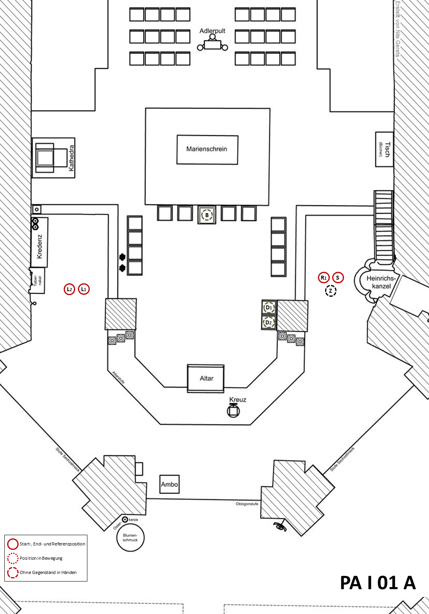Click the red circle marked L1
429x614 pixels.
pyautogui.click(x=84, y=289)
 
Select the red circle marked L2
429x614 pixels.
pyautogui.click(x=70, y=289)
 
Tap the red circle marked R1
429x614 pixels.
pyautogui.click(x=324, y=278)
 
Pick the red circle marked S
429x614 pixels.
pyautogui.click(x=338, y=278)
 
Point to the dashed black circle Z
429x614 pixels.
pyautogui.click(x=331, y=291)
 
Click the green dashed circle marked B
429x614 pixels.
pyautogui.click(x=207, y=215)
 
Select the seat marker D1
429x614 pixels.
pyautogui.click(x=269, y=307)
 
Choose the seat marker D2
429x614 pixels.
pyautogui.click(x=269, y=322)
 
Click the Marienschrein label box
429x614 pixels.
pyautogui.click(x=207, y=149)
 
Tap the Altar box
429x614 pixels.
pyautogui.click(x=206, y=378)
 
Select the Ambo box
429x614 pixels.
pyautogui.click(x=169, y=484)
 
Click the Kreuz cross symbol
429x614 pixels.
pyautogui.click(x=233, y=411)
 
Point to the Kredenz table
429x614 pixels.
pyautogui.click(x=40, y=242)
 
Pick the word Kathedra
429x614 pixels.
pyautogui.click(x=72, y=158)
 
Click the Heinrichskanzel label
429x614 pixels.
pyautogui.click(x=381, y=282)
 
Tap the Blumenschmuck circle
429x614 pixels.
pyautogui.click(x=130, y=538)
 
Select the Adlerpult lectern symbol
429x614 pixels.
pyautogui.click(x=213, y=44)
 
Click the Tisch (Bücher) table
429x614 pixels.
pyautogui.click(x=384, y=149)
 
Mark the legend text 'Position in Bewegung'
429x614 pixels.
pyautogui.click(x=41, y=558)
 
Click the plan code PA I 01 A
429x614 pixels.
pyautogui.click(x=378, y=583)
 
